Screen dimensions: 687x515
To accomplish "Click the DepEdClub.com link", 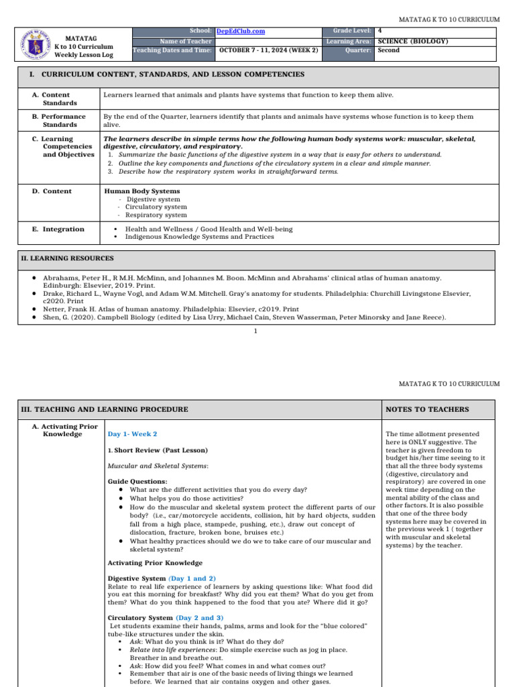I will (240, 31).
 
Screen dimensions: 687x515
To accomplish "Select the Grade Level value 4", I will (380, 31).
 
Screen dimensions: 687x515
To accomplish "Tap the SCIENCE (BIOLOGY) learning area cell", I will (413, 41).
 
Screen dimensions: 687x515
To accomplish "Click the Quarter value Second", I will (389, 50).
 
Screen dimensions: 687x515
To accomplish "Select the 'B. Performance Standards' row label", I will (59, 120).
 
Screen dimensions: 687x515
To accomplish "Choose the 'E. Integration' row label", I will (59, 229).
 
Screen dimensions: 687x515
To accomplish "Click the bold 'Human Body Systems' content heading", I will (142, 191).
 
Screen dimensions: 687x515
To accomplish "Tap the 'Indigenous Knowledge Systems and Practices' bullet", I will (200, 237).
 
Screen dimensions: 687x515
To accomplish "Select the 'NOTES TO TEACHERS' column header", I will (427, 409).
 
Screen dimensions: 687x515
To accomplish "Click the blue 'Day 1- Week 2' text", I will (132, 434).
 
